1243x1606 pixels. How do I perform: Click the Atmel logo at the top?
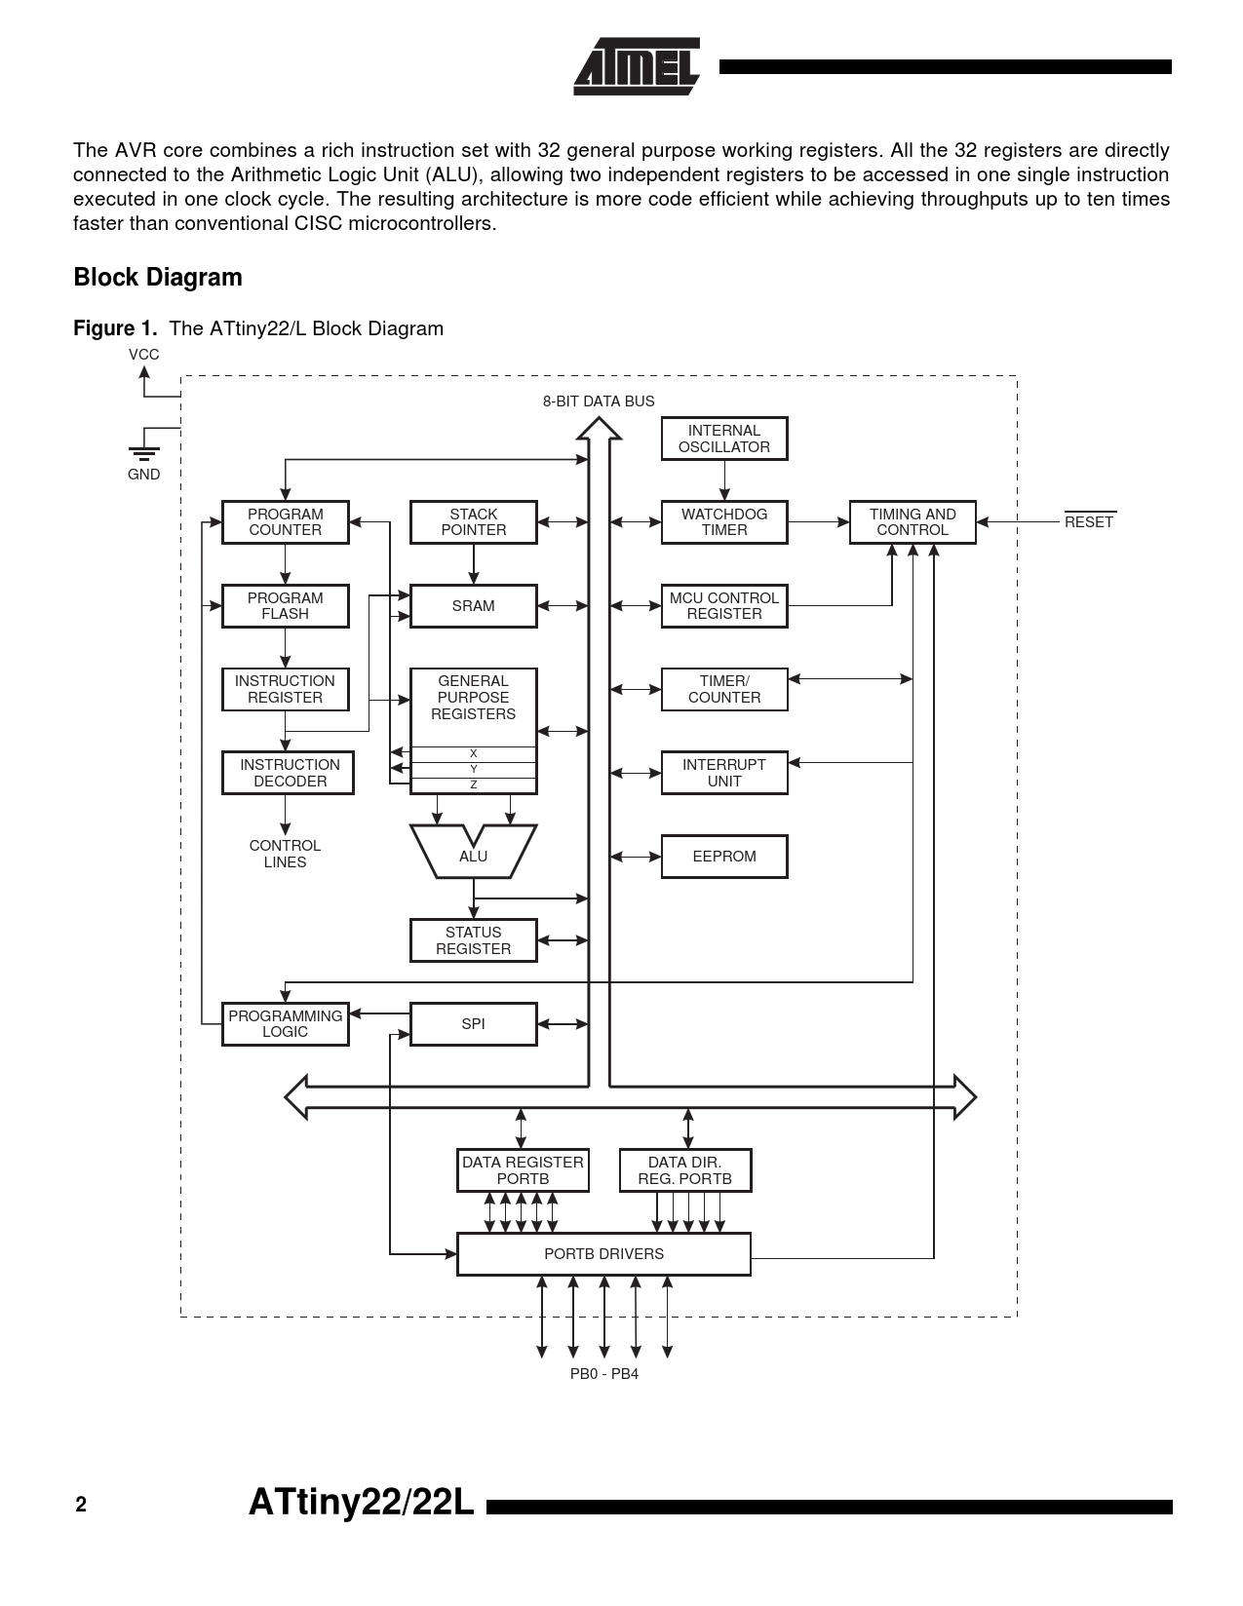[637, 66]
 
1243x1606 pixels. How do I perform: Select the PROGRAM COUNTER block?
[286, 521]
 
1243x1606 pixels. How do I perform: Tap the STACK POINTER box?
[473, 521]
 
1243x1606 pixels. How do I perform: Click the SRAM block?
[473, 606]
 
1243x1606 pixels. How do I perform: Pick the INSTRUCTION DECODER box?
[289, 773]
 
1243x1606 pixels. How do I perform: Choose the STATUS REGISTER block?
[473, 940]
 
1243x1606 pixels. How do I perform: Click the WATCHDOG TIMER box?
[724, 521]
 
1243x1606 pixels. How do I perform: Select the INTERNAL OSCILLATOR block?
[724, 439]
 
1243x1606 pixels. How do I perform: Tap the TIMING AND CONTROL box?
[913, 521]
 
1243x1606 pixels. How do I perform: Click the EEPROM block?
[724, 857]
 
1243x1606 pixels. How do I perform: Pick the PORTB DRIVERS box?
[603, 1254]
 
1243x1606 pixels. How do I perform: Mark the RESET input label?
[1089, 520]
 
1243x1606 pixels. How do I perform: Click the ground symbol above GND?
[143, 453]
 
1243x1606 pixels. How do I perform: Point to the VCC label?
[143, 355]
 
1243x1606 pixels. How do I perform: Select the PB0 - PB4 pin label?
[603, 1374]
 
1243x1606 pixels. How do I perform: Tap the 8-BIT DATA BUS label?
[599, 401]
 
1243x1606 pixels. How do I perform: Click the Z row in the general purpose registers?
[473, 785]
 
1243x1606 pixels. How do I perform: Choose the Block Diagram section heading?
[158, 277]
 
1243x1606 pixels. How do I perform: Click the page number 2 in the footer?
[81, 1505]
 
